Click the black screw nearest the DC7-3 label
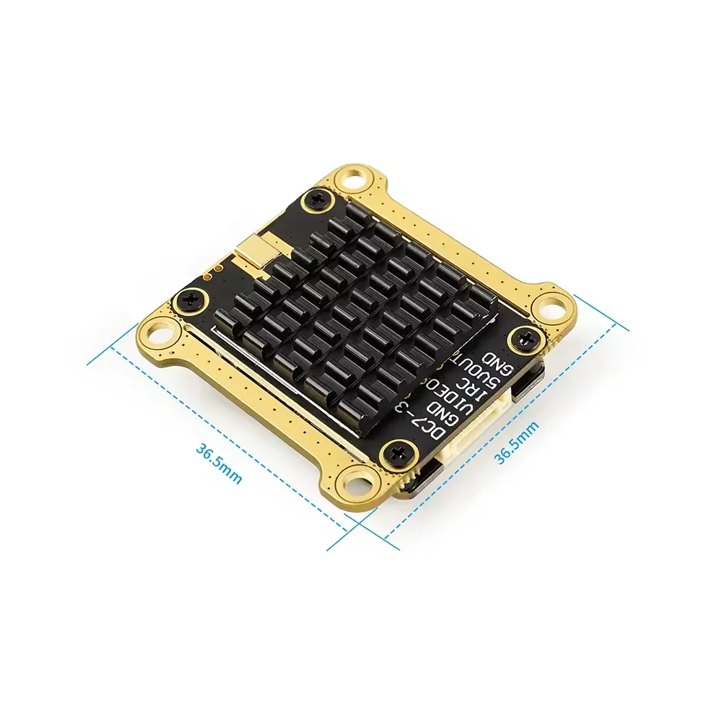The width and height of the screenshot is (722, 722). pyautogui.click(x=396, y=454)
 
